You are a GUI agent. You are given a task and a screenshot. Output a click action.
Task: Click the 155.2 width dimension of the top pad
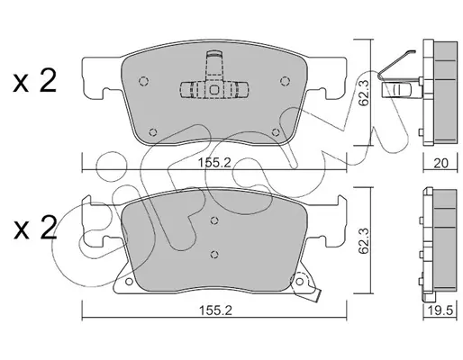pos(214,163)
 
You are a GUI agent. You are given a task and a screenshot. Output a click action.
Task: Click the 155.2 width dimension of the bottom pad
pos(215,310)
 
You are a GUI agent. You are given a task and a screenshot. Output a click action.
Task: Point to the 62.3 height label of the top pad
pos(364,93)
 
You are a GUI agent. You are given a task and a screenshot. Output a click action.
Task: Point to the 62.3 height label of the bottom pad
pos(364,240)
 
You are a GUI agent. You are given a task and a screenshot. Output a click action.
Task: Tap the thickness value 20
pos(441,164)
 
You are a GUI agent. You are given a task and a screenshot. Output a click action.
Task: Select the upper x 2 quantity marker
pos(35,80)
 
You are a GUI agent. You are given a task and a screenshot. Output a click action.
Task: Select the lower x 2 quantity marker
pos(35,228)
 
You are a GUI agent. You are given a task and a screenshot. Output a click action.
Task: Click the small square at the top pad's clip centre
pos(214,90)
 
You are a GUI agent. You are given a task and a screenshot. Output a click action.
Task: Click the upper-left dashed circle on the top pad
pos(144,81)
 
